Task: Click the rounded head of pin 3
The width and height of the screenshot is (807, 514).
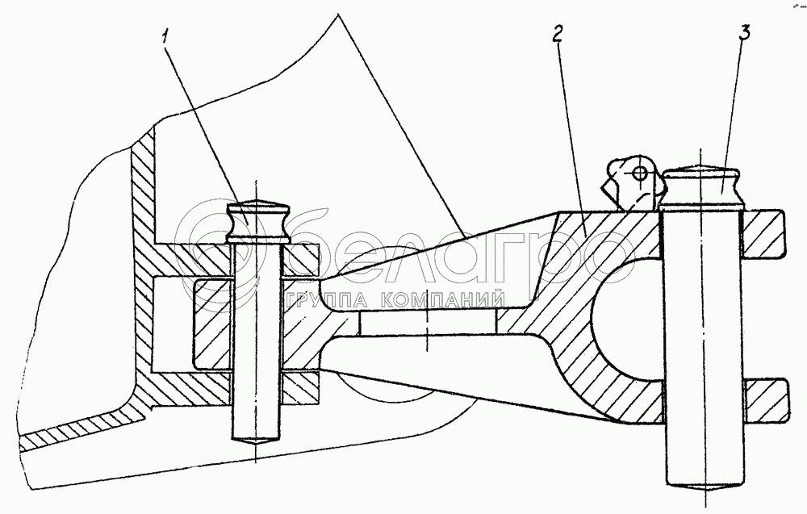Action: point(700,186)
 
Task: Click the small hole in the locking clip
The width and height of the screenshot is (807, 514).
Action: point(639,172)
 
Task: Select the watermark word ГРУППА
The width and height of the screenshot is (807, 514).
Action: point(322,301)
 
